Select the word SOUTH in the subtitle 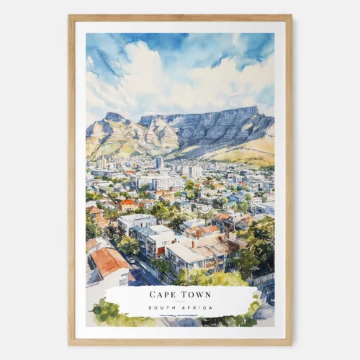[161, 308]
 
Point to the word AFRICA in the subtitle [197, 308]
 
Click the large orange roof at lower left [109, 261]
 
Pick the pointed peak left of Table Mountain [113, 117]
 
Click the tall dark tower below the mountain [158, 163]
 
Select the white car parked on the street [131, 260]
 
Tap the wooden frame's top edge [180, 18]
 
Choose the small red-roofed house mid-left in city [128, 204]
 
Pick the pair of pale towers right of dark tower [192, 171]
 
